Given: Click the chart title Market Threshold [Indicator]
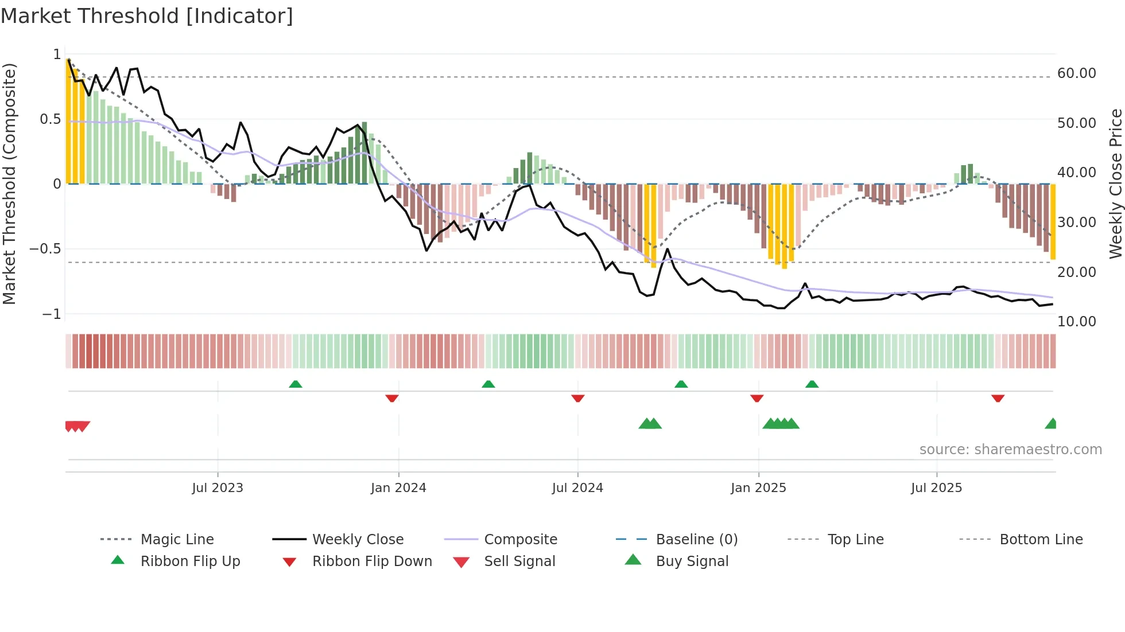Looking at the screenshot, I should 147,16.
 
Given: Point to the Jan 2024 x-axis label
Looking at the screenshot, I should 398,488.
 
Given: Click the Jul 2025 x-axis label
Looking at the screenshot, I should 936,488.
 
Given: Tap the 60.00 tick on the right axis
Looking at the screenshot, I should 1076,73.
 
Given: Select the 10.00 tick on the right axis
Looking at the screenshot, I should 1076,321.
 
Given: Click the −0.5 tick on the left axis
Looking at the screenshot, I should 45,249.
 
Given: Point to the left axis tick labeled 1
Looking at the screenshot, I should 57,54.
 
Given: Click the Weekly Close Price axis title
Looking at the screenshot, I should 1115,184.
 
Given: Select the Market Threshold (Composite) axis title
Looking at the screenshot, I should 9,184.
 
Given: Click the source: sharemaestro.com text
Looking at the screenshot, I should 1010,450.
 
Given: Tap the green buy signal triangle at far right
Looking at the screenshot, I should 1051,424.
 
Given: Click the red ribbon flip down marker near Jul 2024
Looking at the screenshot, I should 578,397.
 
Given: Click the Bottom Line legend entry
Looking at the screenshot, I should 1041,539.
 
